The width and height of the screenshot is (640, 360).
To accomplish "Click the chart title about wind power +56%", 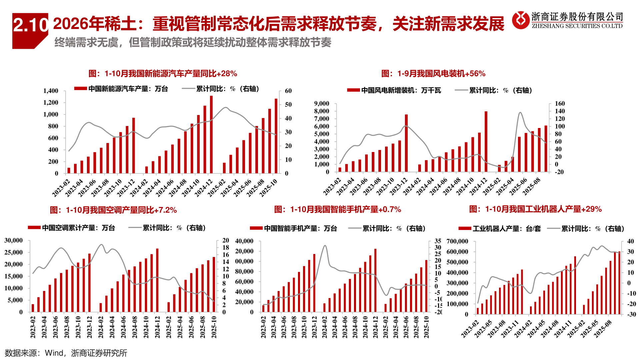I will [433, 74].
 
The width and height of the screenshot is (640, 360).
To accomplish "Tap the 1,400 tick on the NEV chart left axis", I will [51, 91].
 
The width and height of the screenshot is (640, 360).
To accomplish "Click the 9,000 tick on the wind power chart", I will [321, 104].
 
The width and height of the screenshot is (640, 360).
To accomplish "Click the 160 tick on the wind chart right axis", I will [560, 104].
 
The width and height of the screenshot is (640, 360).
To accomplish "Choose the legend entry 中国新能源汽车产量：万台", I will [121, 89].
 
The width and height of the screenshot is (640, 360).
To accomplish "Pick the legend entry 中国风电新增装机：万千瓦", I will [394, 90].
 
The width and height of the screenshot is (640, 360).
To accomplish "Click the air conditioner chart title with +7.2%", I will [113, 210].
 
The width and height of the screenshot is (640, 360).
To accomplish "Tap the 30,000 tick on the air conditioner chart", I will [14, 240].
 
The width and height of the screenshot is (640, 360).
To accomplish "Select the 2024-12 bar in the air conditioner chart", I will [157, 280].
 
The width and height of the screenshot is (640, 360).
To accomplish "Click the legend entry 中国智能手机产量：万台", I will [293, 228].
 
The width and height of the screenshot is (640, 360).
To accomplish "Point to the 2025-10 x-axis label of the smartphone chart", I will [426, 327].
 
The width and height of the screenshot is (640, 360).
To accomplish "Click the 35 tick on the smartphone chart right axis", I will [438, 241].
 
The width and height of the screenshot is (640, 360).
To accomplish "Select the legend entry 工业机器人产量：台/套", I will [500, 229].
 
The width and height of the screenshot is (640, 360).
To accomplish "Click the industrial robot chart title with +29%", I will [535, 209].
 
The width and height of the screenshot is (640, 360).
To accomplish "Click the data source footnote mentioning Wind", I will [66, 353].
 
